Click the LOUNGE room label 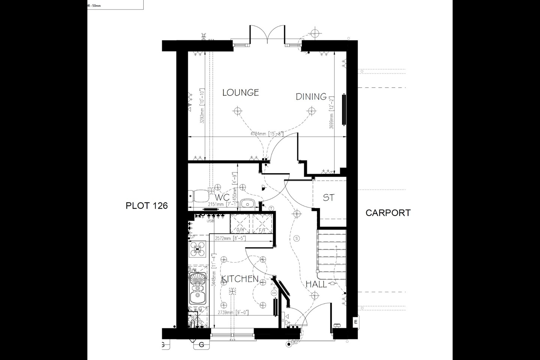click(240, 92)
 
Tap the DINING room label click(311, 97)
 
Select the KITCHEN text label click(240, 279)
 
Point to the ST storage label click(328, 198)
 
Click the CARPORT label click(388, 213)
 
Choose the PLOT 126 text click(146, 205)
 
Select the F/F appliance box click(261, 223)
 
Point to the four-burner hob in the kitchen click(197, 249)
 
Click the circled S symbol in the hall click(297, 238)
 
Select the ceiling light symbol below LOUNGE click(236, 111)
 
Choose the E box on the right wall click(355, 322)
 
